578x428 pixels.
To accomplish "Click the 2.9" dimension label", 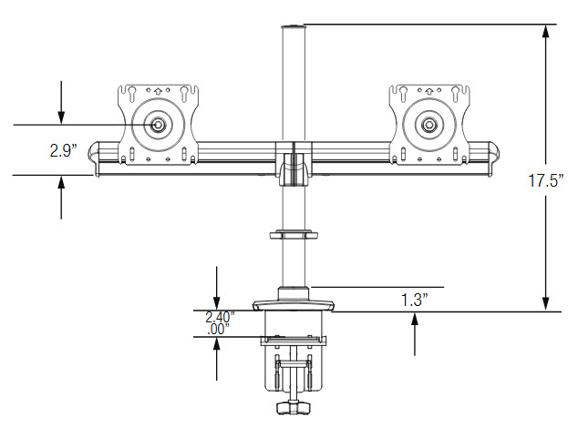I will (x=64, y=149).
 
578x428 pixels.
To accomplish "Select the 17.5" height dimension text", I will (x=542, y=181).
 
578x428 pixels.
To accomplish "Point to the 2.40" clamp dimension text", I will (x=220, y=317).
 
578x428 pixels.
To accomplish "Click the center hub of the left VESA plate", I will (x=160, y=124).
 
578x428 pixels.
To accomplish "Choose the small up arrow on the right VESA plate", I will (x=426, y=90).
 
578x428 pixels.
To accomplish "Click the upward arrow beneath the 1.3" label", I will (x=416, y=319).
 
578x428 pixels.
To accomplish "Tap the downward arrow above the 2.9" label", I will (x=61, y=116).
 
